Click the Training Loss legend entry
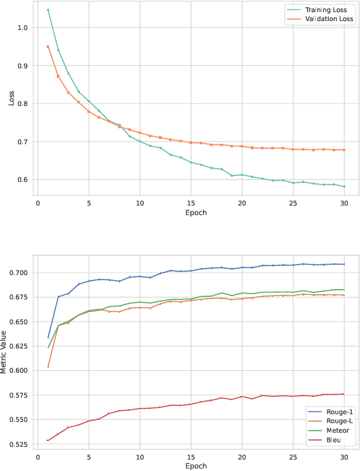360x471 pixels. tap(326, 10)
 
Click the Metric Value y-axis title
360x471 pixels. tap(6, 352)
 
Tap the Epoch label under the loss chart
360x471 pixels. tap(191, 213)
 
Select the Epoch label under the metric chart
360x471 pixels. tap(191, 467)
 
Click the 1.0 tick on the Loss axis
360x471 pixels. tap(23, 27)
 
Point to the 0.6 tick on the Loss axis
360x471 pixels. tap(23, 179)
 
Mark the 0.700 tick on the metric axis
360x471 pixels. tap(19, 273)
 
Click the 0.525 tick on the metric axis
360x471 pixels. tap(19, 444)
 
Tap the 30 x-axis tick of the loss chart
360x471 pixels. tap(343, 203)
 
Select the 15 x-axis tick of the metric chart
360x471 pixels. tap(191, 457)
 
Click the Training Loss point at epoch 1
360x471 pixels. tap(48, 10)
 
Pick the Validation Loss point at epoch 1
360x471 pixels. tap(48, 47)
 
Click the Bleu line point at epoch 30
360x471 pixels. tap(343, 394)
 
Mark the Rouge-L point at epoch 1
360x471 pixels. tap(48, 367)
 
